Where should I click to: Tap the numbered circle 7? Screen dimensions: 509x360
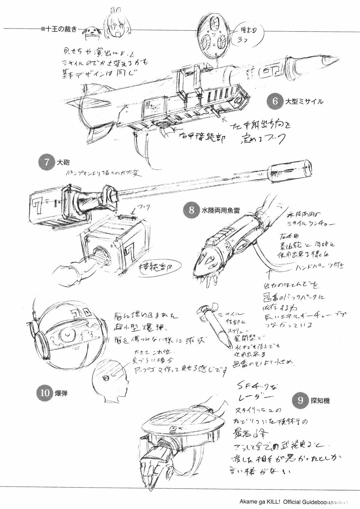tap(46, 162)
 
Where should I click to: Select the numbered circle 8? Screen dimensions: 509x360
tap(191, 210)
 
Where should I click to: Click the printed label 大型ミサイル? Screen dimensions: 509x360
tap(304, 101)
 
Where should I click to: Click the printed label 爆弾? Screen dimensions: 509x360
tap(61, 393)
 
